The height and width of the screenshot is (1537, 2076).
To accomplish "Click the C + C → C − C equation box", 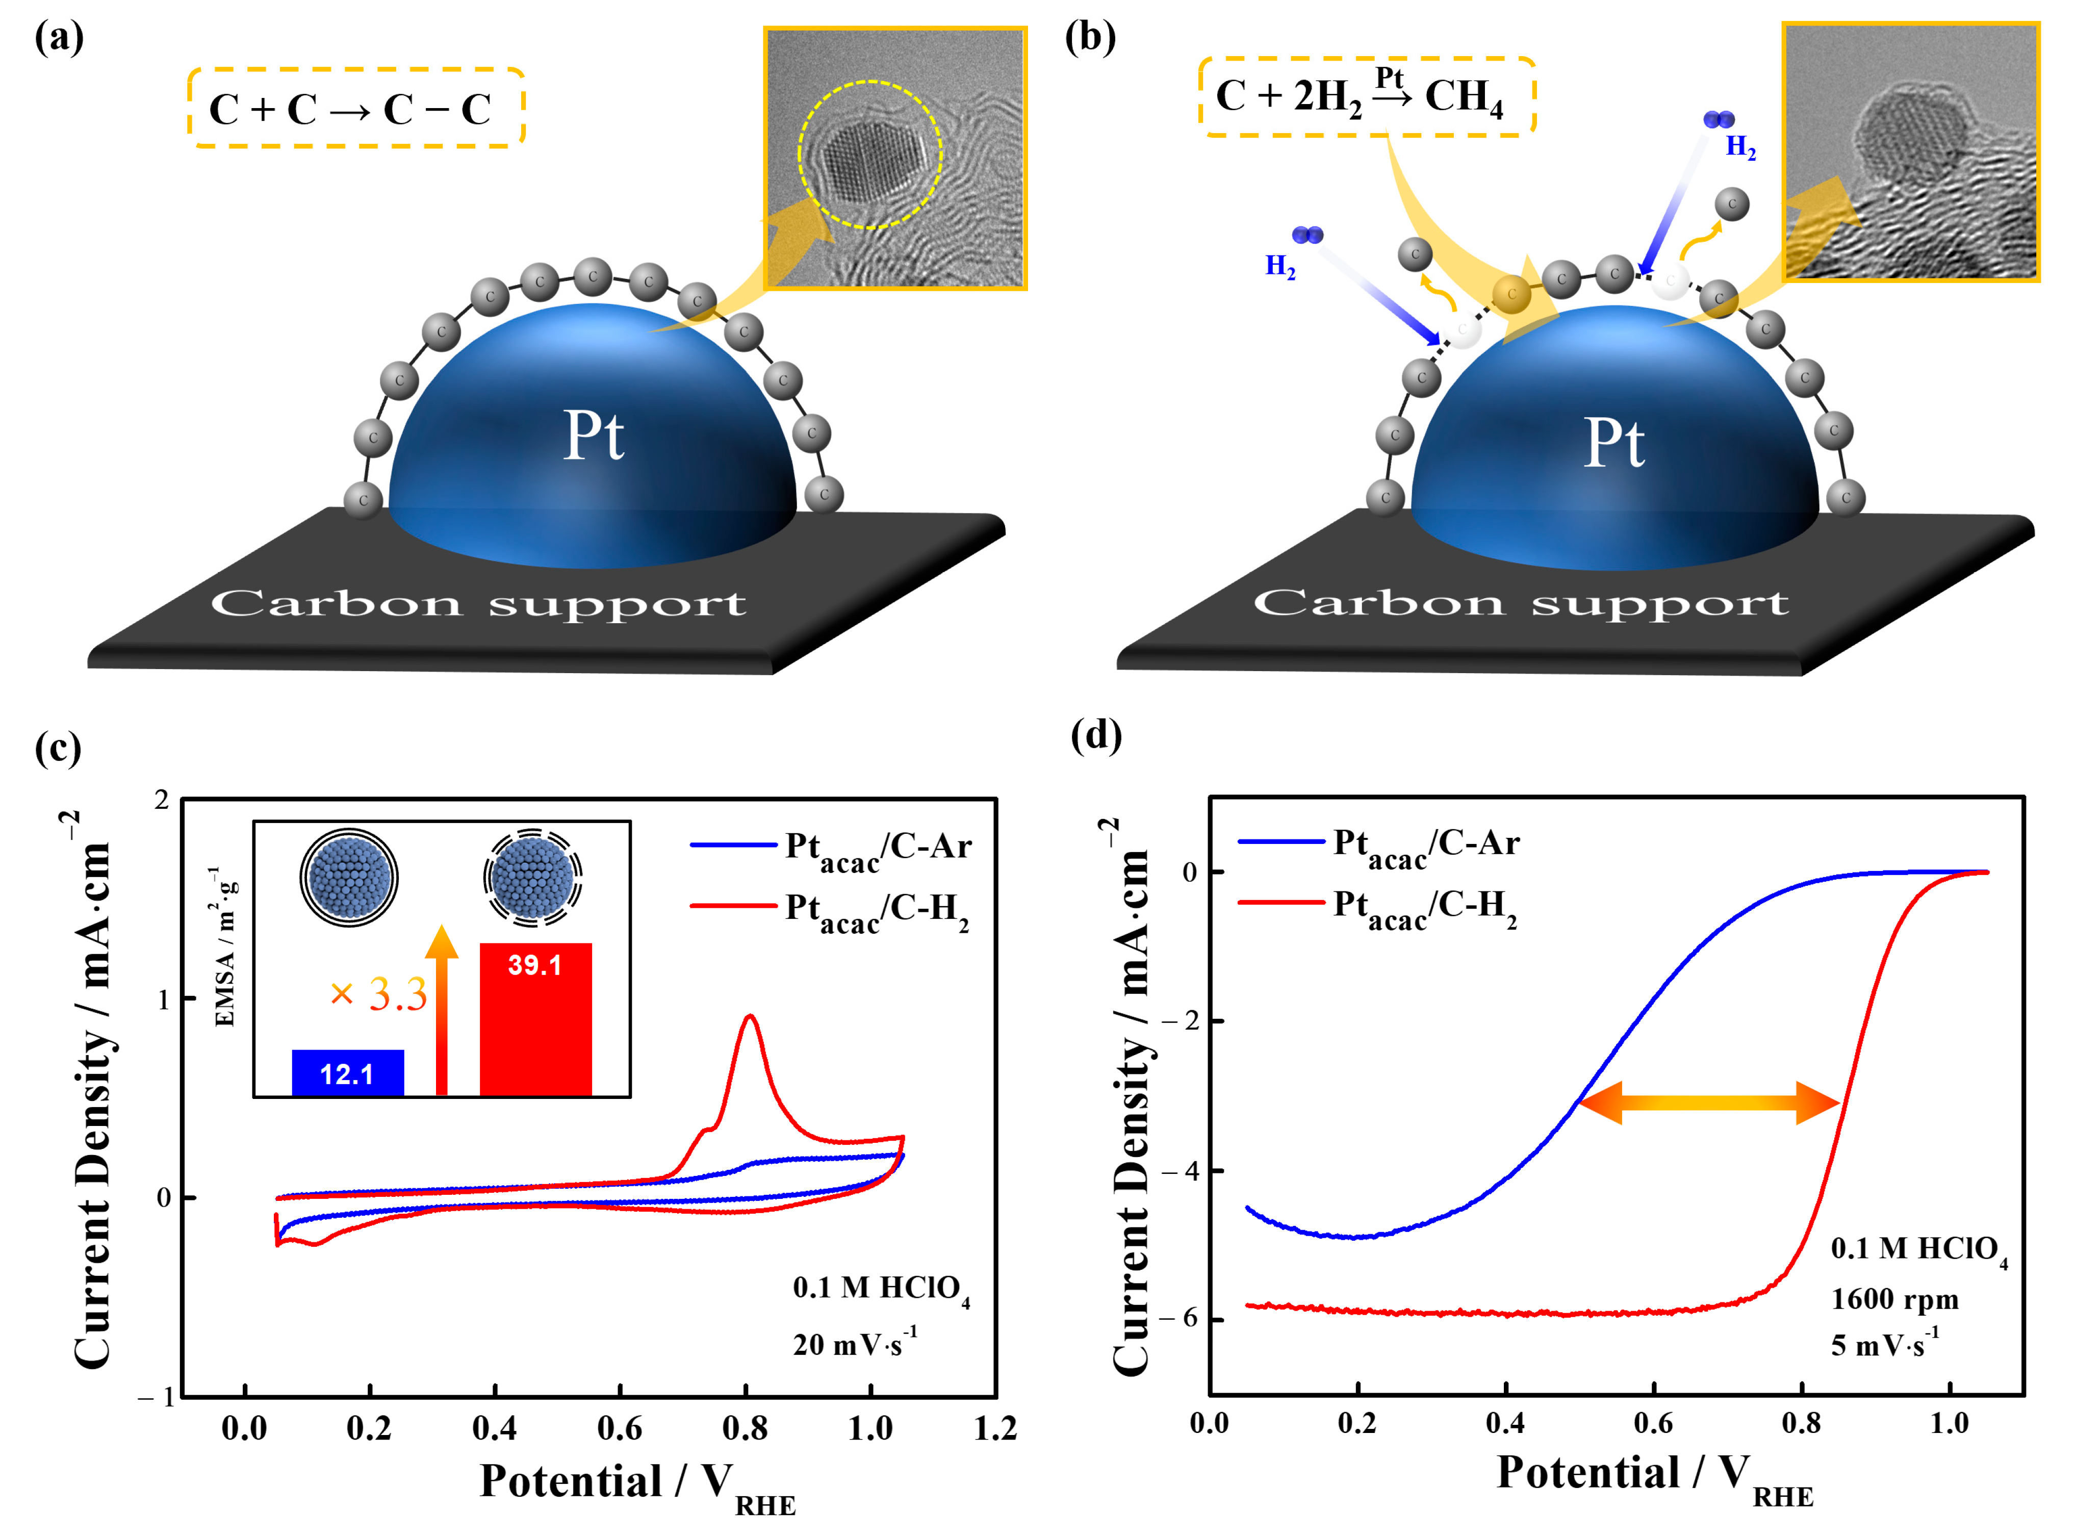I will pos(355,108).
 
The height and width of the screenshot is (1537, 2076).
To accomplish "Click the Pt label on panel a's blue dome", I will pos(594,436).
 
